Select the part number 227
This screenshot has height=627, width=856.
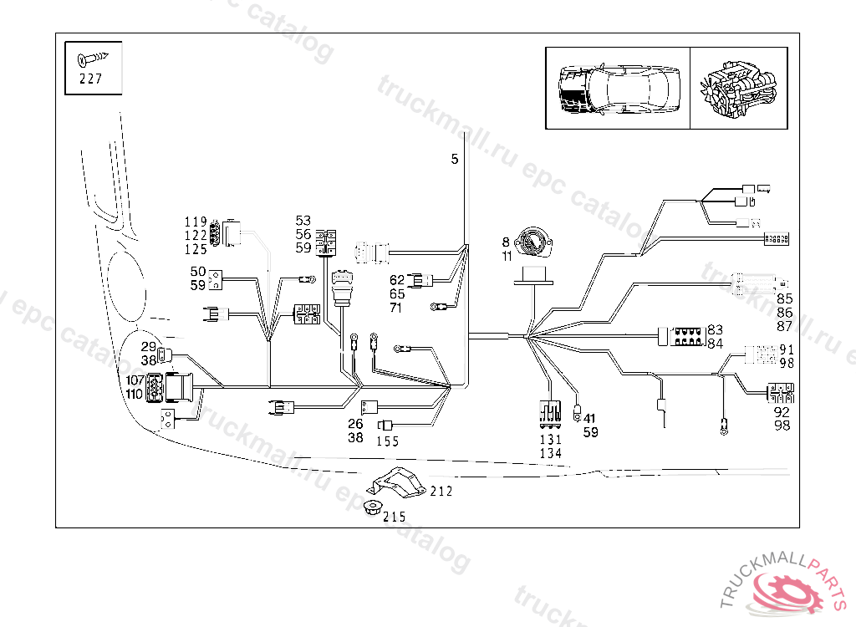[92, 80]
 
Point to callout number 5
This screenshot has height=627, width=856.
[455, 160]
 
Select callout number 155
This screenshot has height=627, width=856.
[387, 442]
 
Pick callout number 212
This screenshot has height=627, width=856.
[441, 492]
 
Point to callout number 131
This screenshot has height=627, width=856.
[551, 439]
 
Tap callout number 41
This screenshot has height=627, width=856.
[590, 419]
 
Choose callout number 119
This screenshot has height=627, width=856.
[196, 222]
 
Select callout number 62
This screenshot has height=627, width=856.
[396, 280]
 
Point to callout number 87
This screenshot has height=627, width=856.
[784, 326]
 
